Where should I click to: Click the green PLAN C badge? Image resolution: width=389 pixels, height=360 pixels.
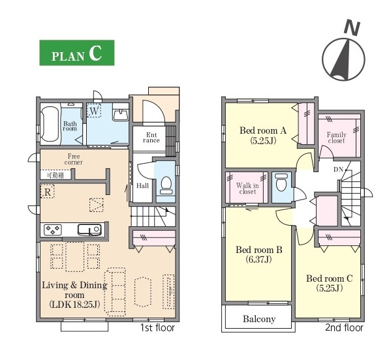coord(77,53)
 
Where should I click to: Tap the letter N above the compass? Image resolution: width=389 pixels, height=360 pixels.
coord(352,27)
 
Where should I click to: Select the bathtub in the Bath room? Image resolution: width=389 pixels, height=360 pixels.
coord(50,124)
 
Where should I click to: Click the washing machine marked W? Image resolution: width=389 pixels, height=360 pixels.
coord(94,110)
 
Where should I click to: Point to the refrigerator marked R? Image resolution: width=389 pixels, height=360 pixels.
coord(48,191)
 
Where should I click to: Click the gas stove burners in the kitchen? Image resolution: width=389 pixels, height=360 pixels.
coord(53,230)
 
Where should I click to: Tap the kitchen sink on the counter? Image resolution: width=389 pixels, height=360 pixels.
coord(89,230)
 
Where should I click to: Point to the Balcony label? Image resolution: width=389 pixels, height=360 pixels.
coord(259,319)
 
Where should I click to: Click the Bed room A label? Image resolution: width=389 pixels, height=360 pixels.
coord(263,130)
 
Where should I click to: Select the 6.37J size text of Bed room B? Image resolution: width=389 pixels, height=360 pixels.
coord(258,260)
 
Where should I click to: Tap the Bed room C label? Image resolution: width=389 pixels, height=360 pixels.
coord(329,278)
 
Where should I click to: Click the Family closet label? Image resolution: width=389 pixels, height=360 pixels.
coord(336,138)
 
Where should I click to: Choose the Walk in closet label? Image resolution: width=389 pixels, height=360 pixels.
coord(247,188)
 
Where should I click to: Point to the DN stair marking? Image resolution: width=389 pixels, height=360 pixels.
coord(338,170)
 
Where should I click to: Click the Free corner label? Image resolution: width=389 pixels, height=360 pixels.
coord(74,159)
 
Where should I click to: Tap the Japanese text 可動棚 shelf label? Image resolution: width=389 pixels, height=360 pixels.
coord(55,175)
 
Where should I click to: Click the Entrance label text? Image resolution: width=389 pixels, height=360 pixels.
coord(151,138)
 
